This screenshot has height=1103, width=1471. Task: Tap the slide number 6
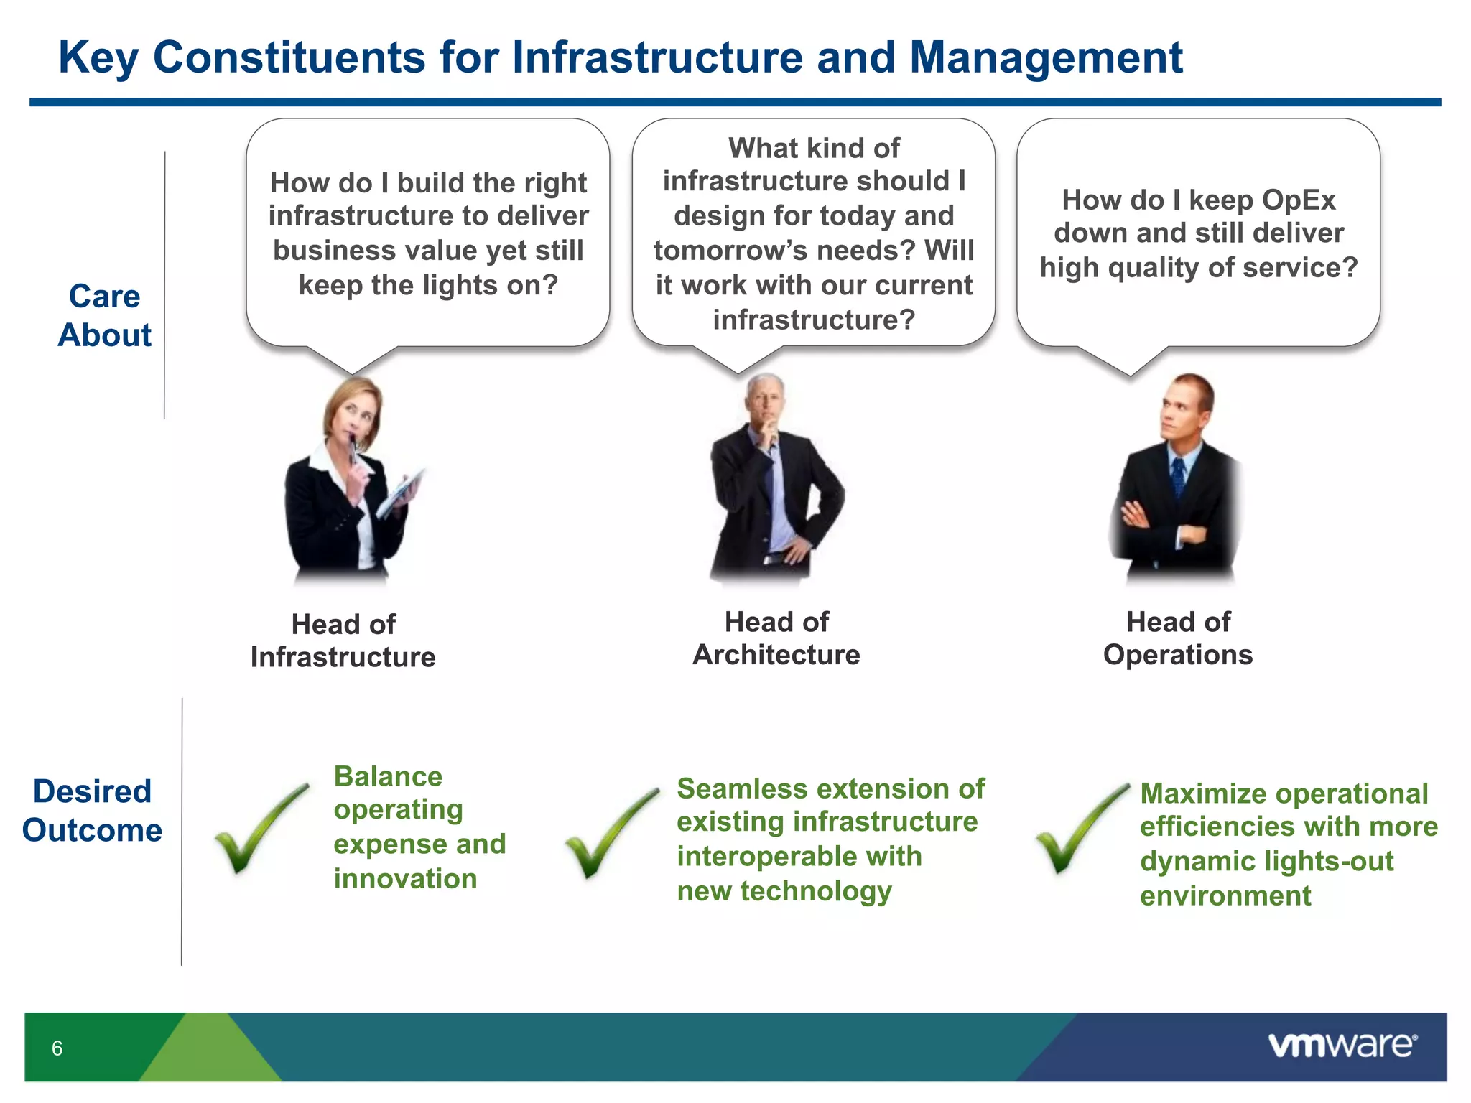[x=57, y=1048]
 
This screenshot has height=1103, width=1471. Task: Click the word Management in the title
[x=1046, y=57]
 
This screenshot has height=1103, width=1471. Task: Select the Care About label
[x=105, y=316]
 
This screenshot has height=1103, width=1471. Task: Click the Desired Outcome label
[x=93, y=811]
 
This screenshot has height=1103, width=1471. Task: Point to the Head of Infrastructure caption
[x=343, y=641]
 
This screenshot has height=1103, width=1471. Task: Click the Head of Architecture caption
[x=776, y=638]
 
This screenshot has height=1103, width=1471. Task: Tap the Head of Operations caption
[x=1178, y=638]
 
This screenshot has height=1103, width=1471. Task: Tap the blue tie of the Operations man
[x=1178, y=478]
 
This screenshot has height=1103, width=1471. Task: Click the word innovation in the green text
[x=405, y=879]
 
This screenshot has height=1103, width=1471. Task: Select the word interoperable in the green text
[x=799, y=857]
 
